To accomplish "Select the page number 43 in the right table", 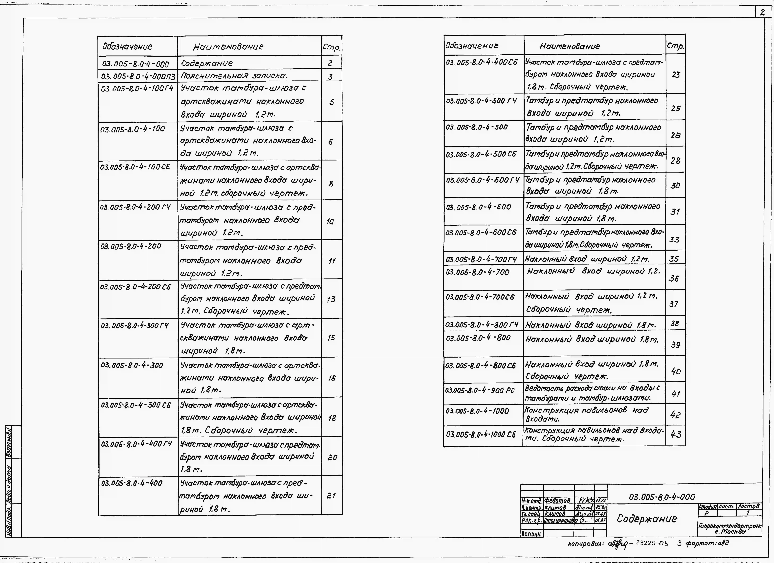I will (675, 435).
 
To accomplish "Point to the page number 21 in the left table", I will (331, 495).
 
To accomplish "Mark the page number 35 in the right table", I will (674, 259).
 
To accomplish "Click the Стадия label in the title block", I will (708, 507).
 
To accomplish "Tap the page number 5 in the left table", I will (331, 102).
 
